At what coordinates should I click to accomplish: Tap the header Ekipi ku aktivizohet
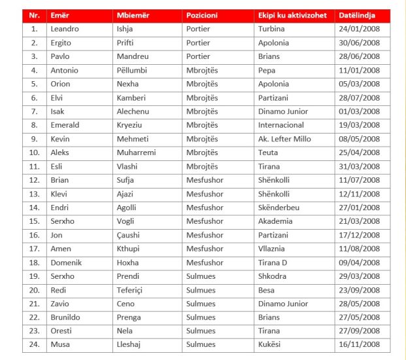292,15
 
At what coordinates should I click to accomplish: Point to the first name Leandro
65,29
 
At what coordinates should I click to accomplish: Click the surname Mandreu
133,56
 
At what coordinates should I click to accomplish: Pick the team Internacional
281,125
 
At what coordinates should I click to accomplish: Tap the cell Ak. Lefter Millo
284,139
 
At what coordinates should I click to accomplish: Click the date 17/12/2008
359,235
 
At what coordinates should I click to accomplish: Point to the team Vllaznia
273,249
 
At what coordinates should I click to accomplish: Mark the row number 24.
34,344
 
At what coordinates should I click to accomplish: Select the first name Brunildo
66,317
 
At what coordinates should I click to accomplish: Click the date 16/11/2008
359,344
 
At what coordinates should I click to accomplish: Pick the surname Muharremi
136,153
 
